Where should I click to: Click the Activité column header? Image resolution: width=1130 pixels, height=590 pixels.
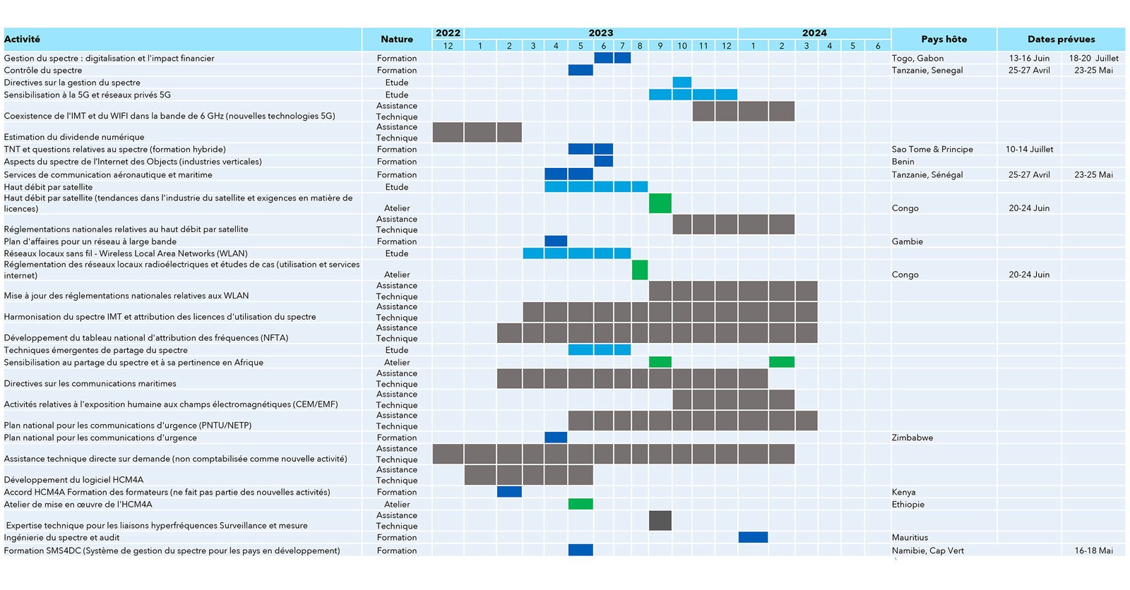click(x=23, y=40)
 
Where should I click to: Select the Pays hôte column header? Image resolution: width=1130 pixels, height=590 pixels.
click(x=944, y=40)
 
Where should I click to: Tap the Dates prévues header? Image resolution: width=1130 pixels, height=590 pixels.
click(x=1061, y=40)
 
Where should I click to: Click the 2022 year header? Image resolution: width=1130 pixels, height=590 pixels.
click(x=448, y=33)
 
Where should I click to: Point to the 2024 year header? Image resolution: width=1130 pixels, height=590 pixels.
click(x=814, y=33)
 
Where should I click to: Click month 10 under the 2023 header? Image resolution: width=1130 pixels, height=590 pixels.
click(x=682, y=46)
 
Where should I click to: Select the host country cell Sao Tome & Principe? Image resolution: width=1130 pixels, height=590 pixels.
click(x=932, y=150)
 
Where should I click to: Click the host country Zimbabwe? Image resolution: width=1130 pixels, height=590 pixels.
click(x=912, y=438)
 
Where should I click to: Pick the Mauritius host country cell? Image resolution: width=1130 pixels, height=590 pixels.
click(x=910, y=538)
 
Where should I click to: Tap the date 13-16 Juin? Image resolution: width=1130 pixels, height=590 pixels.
click(x=1029, y=59)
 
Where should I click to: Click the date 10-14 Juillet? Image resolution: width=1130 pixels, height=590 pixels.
click(x=1029, y=150)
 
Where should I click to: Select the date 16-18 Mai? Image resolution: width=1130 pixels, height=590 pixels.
click(x=1093, y=550)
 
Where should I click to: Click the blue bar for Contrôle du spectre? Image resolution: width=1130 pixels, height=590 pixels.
click(x=581, y=71)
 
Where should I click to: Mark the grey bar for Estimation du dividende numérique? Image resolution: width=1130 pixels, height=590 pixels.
click(x=477, y=132)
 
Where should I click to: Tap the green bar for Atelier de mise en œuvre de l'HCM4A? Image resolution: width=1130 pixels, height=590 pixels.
click(x=581, y=504)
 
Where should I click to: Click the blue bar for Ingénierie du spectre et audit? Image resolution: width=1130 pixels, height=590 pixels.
click(x=753, y=538)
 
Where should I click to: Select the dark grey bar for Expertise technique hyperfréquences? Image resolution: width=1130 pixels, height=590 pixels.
click(x=660, y=520)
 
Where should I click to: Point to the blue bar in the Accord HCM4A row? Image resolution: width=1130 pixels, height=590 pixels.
click(x=509, y=492)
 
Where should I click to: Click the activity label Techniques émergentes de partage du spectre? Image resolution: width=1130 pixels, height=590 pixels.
click(x=96, y=350)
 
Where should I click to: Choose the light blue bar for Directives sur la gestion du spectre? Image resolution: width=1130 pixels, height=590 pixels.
click(x=682, y=83)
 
